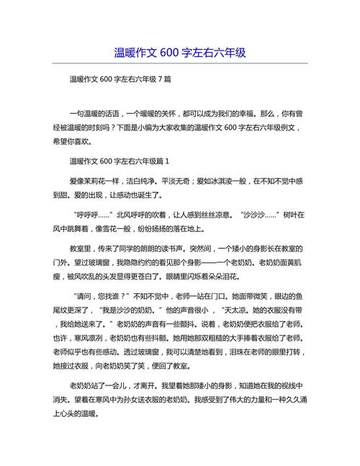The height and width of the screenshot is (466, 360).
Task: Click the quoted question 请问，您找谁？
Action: [108, 296]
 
